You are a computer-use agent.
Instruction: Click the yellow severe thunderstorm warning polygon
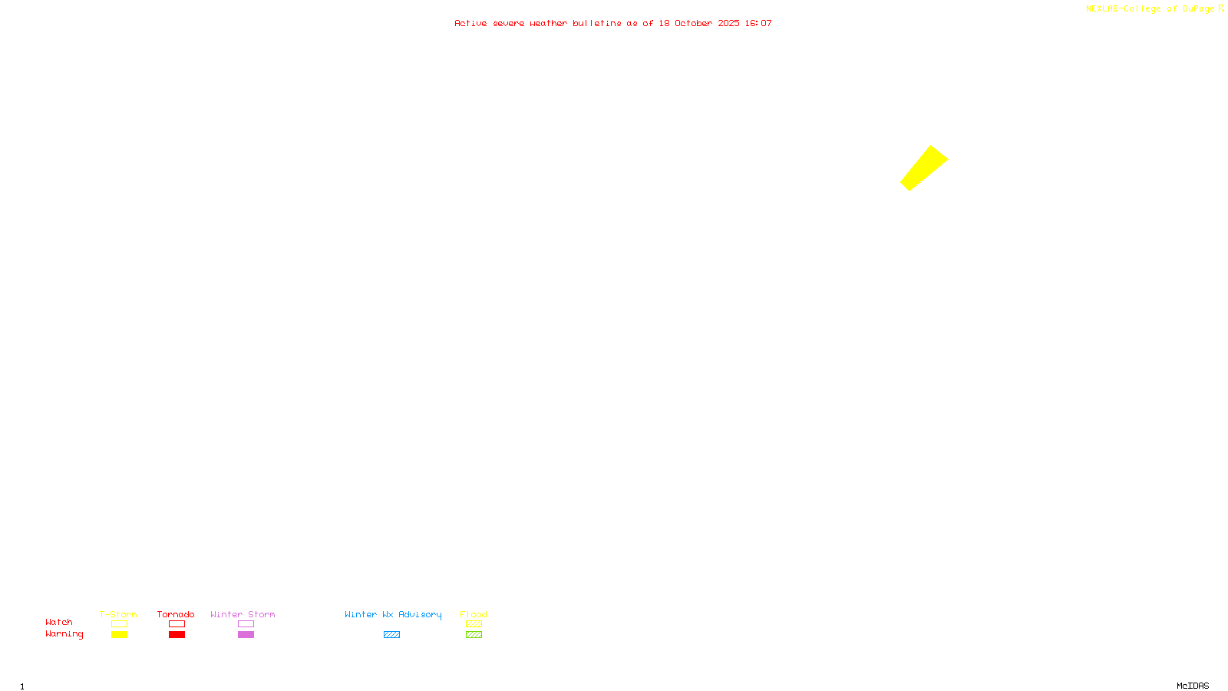924,168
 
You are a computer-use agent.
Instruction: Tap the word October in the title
693,23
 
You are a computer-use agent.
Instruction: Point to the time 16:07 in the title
758,23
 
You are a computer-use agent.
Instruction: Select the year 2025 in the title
729,23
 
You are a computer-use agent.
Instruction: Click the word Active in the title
470,23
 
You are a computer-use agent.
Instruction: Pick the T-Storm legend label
118,614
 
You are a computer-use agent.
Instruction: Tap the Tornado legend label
176,614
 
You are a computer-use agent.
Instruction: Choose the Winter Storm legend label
243,614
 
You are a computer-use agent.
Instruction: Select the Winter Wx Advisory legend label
393,614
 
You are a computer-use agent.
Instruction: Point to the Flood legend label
474,614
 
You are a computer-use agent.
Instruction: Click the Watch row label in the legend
59,622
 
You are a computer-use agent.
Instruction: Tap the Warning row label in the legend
64,634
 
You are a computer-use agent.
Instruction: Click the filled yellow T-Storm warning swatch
119,635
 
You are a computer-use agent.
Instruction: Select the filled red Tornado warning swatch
177,635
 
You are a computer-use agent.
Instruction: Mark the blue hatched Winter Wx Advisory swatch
391,635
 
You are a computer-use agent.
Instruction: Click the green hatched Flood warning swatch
474,635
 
